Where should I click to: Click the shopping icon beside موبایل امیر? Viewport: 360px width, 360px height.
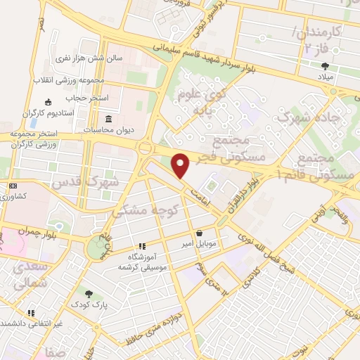(200, 233)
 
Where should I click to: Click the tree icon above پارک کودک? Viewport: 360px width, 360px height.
(89, 294)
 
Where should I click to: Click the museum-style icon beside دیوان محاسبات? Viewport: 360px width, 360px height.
(108, 118)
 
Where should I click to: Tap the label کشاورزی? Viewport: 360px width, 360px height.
(29, 196)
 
